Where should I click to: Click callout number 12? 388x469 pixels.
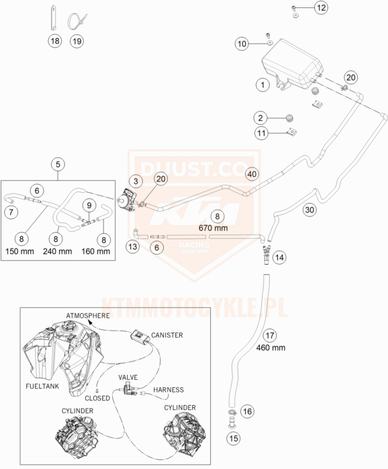321,7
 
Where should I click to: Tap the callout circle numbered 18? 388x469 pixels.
55,41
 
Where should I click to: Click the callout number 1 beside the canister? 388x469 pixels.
262,85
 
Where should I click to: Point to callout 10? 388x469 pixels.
242,44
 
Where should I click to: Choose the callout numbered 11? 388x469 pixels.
262,133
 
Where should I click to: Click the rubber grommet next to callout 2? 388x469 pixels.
289,118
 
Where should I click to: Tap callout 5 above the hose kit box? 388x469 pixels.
58,164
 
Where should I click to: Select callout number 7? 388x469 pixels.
11,212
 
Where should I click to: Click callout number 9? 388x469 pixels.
89,206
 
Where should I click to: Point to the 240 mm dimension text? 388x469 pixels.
57,251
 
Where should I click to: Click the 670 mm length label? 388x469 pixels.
213,228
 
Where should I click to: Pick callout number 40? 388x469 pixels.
252,174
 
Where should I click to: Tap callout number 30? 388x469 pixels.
309,210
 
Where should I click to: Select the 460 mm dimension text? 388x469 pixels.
271,347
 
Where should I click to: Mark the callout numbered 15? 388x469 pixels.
234,439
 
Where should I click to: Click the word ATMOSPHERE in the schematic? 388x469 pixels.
88,316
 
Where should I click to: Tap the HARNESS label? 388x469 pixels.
168,390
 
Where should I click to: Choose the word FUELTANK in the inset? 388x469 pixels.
42,386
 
